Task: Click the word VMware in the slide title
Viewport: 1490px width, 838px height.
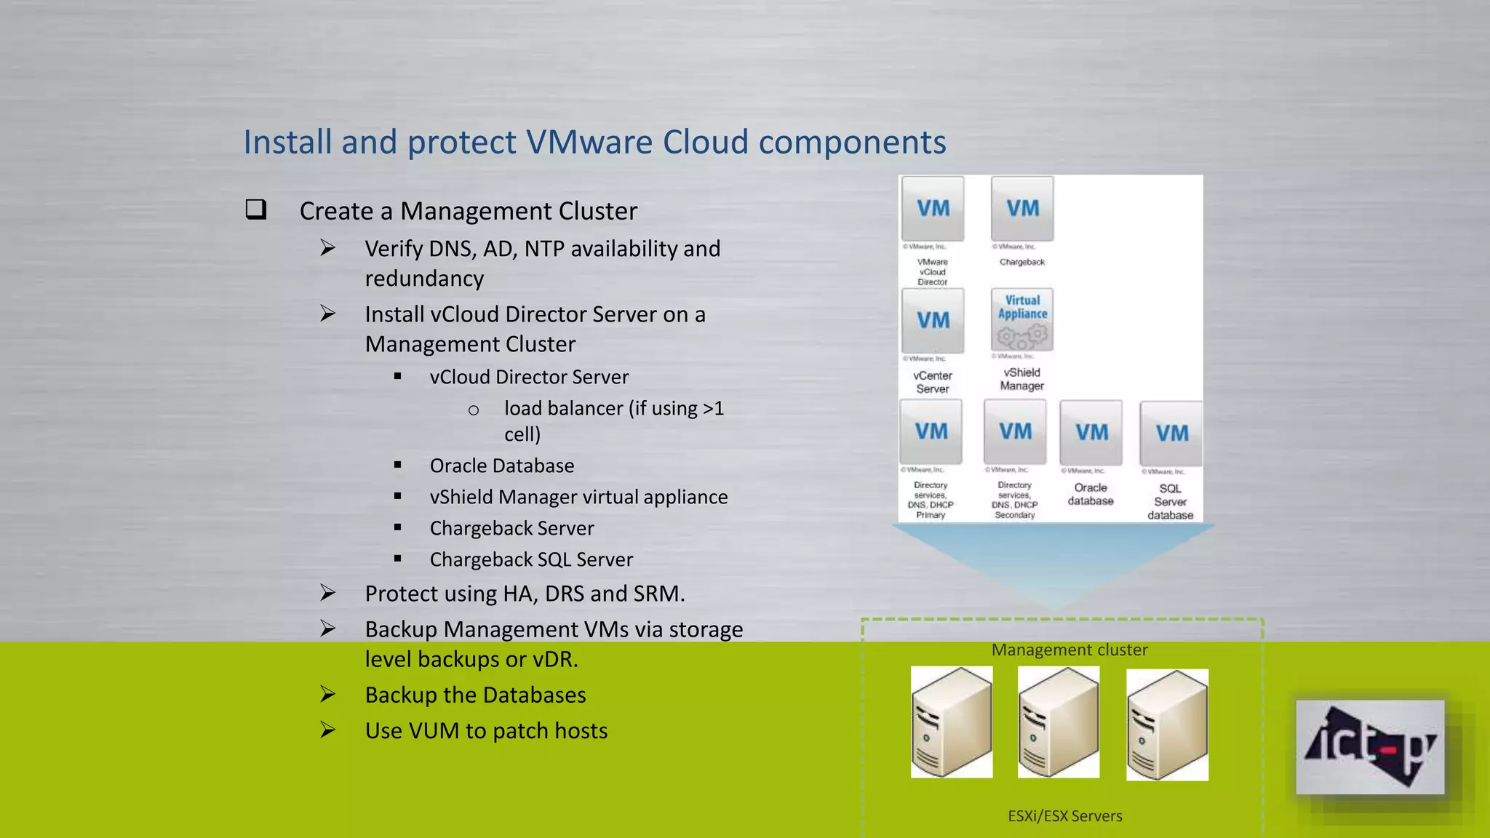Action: coord(589,142)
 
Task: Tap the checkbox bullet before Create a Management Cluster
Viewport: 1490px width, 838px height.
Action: coord(256,209)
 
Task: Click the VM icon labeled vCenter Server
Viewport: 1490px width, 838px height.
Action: coord(933,321)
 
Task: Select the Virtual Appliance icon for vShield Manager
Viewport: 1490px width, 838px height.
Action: coord(1022,319)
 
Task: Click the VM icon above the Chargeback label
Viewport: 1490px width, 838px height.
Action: coord(1022,209)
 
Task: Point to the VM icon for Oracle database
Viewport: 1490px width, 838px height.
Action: coord(1091,432)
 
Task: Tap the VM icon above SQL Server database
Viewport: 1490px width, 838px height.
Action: coord(1171,434)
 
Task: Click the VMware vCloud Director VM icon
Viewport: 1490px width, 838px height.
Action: coord(933,209)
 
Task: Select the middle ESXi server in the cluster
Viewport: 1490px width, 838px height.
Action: coord(1059,722)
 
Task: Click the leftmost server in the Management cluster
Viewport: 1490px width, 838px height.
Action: coord(952,722)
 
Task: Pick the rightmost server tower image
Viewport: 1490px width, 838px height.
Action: coord(1167,725)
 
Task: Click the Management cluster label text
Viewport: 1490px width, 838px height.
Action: coord(1069,650)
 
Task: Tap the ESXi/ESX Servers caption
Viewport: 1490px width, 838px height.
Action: coord(1064,816)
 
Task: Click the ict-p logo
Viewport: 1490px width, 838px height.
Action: coord(1370,747)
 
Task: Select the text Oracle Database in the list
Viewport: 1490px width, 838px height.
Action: coord(502,466)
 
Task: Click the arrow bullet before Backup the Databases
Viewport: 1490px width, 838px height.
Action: coord(328,695)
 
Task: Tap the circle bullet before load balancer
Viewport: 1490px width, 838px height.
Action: coord(474,410)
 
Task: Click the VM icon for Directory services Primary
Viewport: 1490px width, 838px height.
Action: coord(931,432)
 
